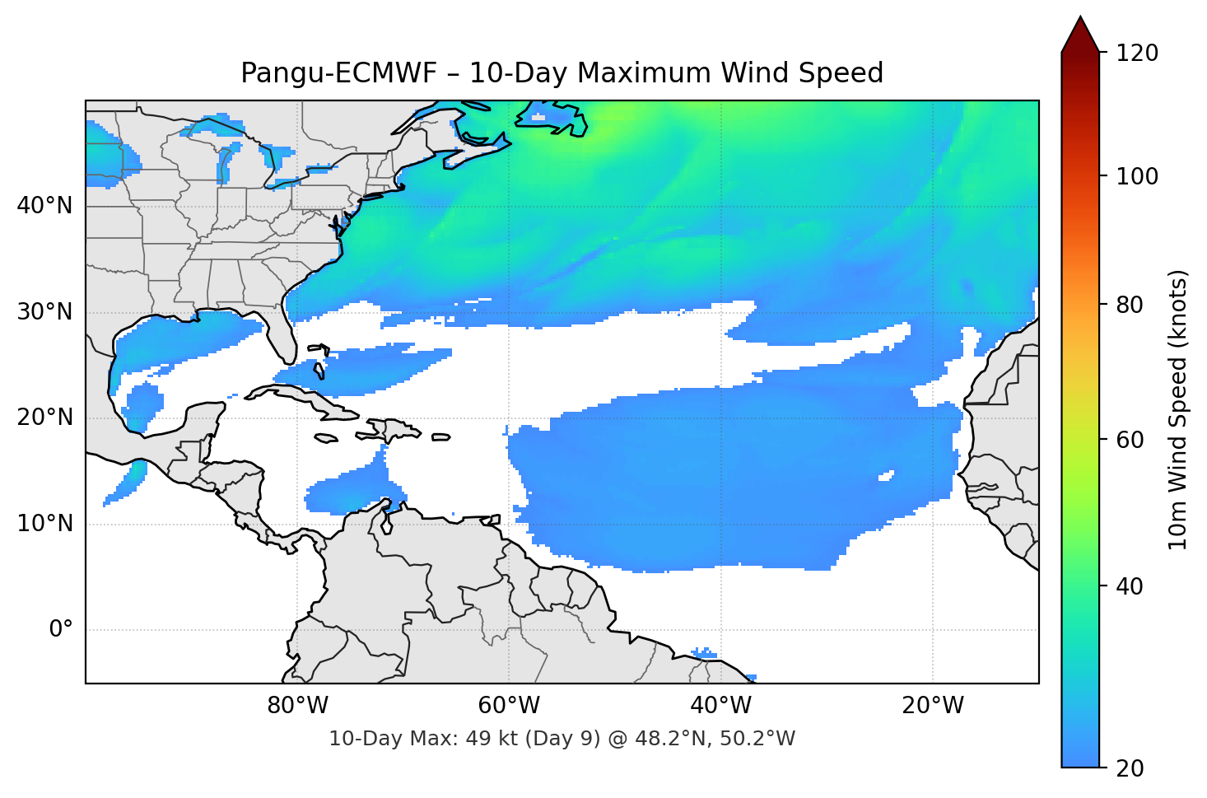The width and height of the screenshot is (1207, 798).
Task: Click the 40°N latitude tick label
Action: pyautogui.click(x=44, y=206)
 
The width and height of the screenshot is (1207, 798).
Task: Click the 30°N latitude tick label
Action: pyautogui.click(x=44, y=312)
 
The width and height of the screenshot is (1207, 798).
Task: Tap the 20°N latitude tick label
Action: pyautogui.click(x=44, y=418)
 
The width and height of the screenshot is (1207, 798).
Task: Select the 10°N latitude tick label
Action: pyautogui.click(x=44, y=524)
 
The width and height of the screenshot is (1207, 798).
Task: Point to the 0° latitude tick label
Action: pyautogui.click(x=60, y=630)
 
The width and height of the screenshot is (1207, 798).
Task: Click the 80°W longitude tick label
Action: pyautogui.click(x=297, y=706)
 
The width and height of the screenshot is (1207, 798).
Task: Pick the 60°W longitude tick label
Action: pyautogui.click(x=509, y=706)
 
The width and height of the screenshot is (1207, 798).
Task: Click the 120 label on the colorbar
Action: pyautogui.click(x=1137, y=54)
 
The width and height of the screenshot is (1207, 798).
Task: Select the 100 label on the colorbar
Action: pyautogui.click(x=1137, y=176)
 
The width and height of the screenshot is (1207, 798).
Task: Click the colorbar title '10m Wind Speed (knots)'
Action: pyautogui.click(x=1178, y=409)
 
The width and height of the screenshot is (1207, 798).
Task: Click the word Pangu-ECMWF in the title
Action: pyautogui.click(x=338, y=73)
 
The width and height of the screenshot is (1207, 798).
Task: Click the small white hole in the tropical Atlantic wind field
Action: pyautogui.click(x=886, y=476)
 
